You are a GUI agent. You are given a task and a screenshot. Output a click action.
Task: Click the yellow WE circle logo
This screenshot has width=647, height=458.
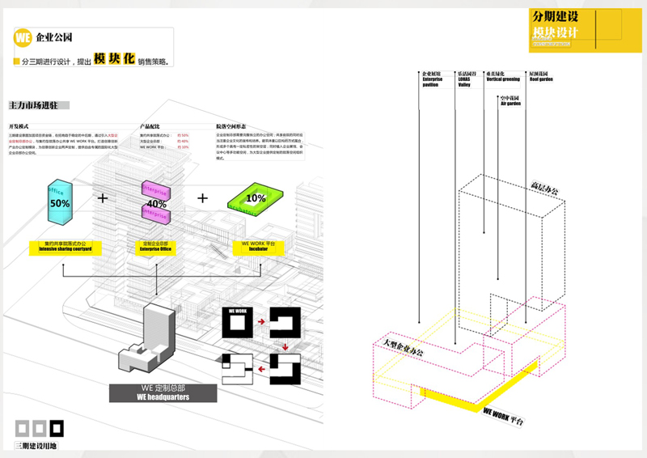coord(23,37)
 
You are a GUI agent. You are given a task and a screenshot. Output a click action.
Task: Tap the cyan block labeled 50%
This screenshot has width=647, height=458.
coord(59,202)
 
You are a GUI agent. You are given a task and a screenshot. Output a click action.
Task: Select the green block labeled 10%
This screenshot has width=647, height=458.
coord(256,198)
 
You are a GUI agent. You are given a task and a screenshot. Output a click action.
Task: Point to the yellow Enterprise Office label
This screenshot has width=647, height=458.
coord(159,247)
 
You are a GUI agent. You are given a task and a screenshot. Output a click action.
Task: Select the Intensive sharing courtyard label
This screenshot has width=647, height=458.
coord(66,247)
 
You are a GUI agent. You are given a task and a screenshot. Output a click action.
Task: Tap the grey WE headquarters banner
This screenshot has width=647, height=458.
coord(163,393)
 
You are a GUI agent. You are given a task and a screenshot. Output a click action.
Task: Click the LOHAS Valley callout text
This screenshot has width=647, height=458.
coord(467,79)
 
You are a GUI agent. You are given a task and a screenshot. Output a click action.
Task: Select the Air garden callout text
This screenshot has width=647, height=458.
coord(511,100)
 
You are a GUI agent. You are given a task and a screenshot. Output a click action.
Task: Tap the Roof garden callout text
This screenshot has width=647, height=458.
coord(541,76)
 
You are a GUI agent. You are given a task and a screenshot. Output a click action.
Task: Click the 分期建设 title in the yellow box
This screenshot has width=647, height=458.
coord(556,16)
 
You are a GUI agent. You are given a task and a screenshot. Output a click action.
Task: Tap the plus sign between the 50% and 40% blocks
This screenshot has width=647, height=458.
coord(103,197)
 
